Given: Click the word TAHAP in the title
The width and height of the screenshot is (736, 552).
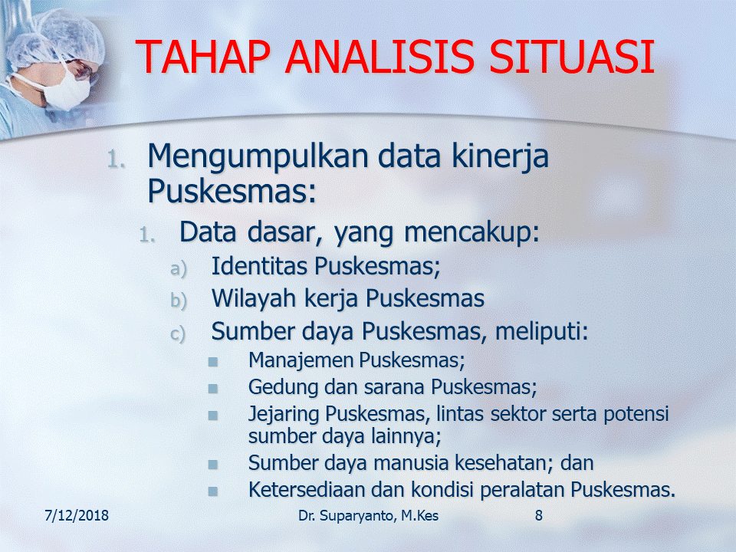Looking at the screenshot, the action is pyautogui.click(x=202, y=57).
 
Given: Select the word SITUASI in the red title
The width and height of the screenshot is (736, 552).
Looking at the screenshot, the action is pyautogui.click(x=571, y=57).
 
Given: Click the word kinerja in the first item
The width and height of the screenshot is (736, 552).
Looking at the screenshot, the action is pyautogui.click(x=500, y=158).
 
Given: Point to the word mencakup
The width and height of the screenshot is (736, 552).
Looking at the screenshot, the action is pyautogui.click(x=472, y=233).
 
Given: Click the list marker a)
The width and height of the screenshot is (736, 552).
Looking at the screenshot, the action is pyautogui.click(x=179, y=269).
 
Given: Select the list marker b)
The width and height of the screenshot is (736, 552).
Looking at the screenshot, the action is pyautogui.click(x=179, y=301).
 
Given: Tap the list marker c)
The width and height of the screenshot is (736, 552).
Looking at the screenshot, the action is pyautogui.click(x=178, y=334).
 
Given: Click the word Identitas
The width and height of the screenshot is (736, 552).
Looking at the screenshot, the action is pyautogui.click(x=261, y=266).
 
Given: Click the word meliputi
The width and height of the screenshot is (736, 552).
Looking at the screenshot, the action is pyautogui.click(x=542, y=332).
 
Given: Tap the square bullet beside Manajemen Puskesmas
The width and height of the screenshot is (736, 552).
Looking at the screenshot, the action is pyautogui.click(x=212, y=362).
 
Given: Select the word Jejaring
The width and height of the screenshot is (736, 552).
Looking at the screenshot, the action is pyautogui.click(x=283, y=415).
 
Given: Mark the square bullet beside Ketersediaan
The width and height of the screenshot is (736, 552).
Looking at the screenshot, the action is pyautogui.click(x=212, y=491).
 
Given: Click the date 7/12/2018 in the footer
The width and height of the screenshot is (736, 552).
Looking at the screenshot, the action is pyautogui.click(x=77, y=515).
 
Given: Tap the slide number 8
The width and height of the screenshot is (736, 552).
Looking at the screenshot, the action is pyautogui.click(x=539, y=515).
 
